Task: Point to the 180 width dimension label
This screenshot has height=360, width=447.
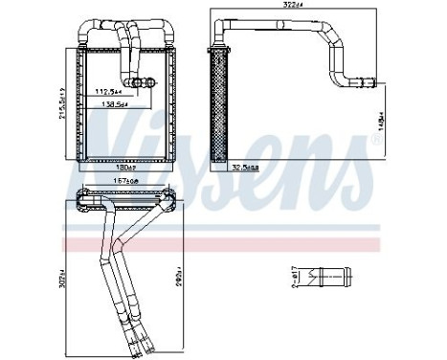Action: pyautogui.click(x=127, y=167)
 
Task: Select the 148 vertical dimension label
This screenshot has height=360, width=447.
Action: pyautogui.click(x=379, y=121)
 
